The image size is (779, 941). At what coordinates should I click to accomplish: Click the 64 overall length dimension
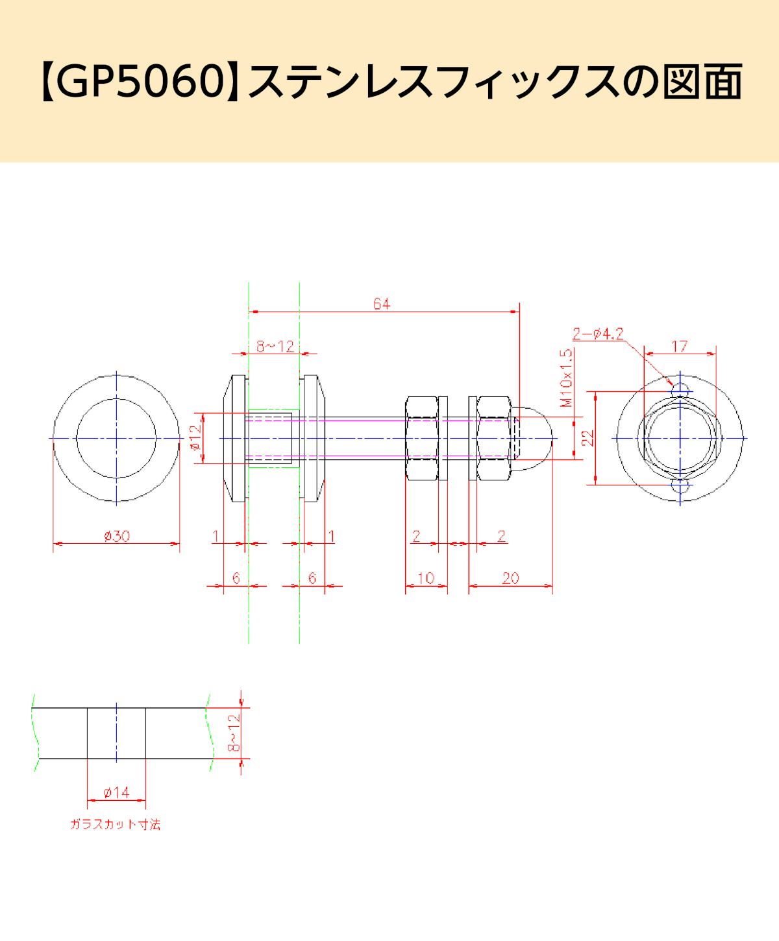382,304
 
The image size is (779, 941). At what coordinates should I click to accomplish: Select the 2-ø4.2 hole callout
598,334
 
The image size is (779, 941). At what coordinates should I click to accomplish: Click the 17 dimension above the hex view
680,347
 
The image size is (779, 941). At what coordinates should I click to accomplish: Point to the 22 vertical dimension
587,438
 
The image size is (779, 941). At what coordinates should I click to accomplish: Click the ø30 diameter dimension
117,536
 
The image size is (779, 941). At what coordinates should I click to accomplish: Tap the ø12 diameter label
195,437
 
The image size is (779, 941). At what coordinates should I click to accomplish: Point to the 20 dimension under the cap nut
510,578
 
